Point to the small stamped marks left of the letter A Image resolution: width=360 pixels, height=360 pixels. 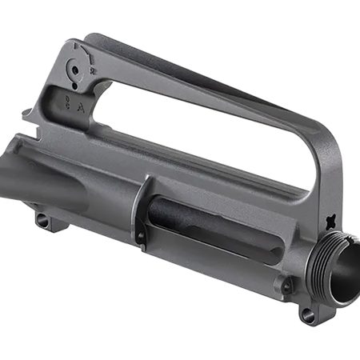point(68,102)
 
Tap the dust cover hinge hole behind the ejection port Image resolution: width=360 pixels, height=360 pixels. point(140,237)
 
